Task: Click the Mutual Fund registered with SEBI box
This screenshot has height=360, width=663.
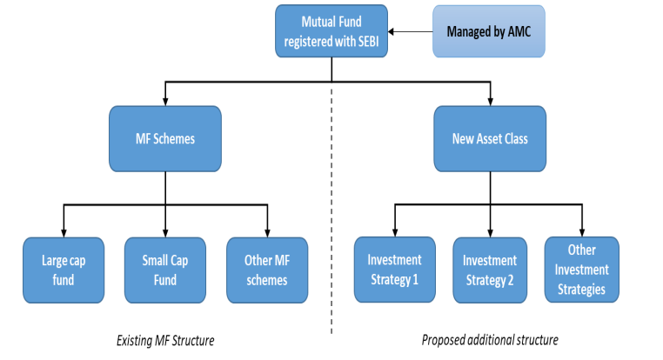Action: tap(331, 31)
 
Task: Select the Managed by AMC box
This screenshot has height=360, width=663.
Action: tap(489, 31)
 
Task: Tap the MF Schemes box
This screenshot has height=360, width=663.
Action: tap(165, 138)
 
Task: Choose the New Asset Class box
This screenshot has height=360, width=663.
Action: tap(490, 138)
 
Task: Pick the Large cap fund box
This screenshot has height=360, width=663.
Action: tap(64, 270)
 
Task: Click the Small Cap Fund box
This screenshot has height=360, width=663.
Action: tap(165, 270)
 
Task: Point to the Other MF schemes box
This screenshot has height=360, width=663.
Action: tap(267, 270)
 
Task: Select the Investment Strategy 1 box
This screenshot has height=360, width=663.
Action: tap(395, 270)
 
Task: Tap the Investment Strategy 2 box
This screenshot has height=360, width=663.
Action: tap(490, 270)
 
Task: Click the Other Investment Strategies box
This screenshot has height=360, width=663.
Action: tap(582, 270)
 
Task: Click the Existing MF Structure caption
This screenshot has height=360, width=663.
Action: tap(165, 341)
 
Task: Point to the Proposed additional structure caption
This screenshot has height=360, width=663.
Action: tap(490, 340)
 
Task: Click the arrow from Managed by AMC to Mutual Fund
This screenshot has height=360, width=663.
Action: tap(410, 31)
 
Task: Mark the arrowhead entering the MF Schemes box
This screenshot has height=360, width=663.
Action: tap(165, 102)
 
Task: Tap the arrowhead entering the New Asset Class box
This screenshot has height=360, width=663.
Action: tap(491, 102)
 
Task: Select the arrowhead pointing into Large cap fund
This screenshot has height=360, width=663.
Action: tap(64, 233)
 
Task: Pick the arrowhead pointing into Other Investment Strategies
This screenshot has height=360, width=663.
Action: tap(582, 232)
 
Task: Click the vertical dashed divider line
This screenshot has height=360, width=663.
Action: tap(331, 211)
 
